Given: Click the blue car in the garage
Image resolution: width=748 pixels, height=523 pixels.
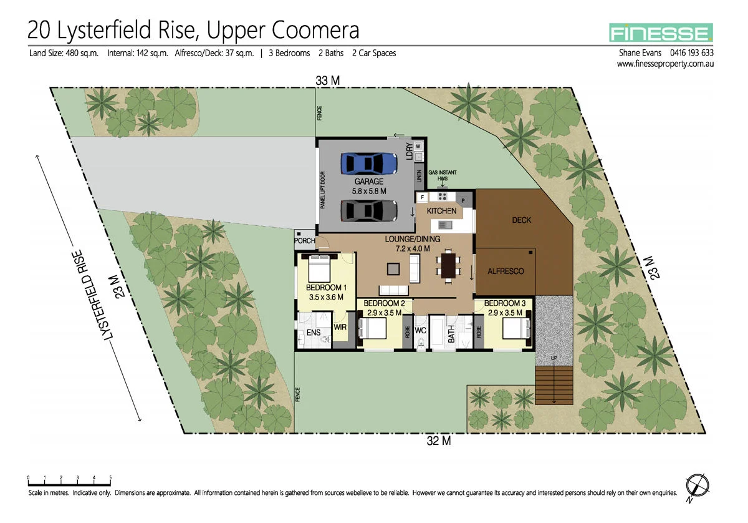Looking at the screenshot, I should tap(369, 164).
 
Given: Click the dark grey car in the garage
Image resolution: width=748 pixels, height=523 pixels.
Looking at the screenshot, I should tap(369, 211).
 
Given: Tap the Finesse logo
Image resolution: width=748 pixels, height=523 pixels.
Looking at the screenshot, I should tap(661, 32).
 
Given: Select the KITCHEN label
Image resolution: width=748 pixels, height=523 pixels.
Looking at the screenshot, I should tap(441, 211).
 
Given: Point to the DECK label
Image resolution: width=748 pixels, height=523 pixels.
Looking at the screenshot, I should tap(521, 220).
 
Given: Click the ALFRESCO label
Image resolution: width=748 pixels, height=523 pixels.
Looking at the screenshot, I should tap(506, 271).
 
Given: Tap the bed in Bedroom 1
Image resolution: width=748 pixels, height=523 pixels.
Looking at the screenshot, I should tap(320, 269).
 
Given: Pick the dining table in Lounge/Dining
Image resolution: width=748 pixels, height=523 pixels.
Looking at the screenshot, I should tap(448, 265).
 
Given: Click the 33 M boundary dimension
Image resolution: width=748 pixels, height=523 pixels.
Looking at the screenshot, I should tap(327, 80).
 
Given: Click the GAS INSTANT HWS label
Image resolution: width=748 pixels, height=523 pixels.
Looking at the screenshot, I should tap(442, 175).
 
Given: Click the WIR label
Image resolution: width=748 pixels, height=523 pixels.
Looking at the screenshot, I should tap(340, 326).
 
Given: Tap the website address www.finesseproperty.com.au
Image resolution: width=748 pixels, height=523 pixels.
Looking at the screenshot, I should tap(665, 64).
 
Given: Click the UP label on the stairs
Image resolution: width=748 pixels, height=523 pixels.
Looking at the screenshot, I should tap(554, 358).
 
